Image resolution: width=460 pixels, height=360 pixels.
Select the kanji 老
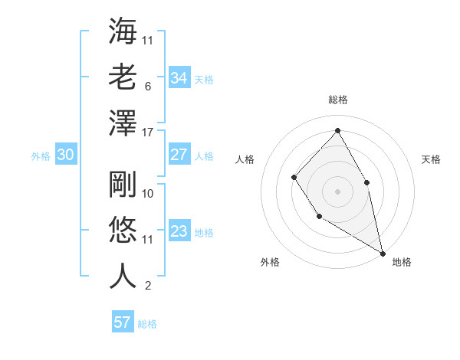(123, 77)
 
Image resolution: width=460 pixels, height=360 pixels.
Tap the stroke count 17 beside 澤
(149, 133)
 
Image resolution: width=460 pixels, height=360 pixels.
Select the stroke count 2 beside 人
(147, 286)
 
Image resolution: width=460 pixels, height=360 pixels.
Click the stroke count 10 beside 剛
(149, 194)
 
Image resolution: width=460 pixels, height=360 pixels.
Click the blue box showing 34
(179, 77)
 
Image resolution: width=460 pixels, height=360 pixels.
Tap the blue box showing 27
(179, 155)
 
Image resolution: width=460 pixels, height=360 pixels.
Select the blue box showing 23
(179, 232)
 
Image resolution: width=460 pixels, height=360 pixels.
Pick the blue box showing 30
(65, 155)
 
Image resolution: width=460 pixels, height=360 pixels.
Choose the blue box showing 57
(122, 322)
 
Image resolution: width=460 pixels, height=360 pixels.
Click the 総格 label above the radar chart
(337, 100)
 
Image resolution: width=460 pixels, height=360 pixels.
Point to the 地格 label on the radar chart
(402, 262)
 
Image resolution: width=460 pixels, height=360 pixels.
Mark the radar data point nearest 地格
(383, 252)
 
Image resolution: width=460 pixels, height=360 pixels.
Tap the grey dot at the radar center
(337, 190)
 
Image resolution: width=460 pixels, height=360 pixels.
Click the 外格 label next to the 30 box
(41, 155)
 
